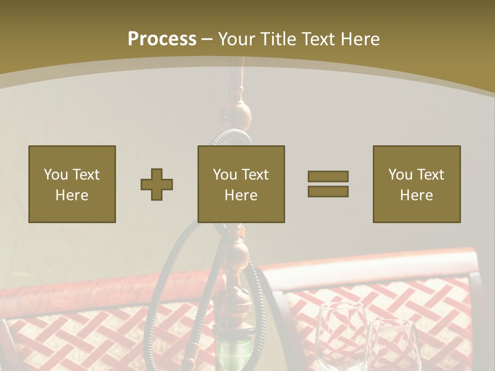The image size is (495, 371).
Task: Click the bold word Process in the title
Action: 162,39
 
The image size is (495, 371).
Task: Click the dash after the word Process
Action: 207,40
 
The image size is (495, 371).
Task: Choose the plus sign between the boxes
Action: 157,184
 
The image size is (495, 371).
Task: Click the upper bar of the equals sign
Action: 328,177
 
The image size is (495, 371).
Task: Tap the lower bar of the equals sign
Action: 328,191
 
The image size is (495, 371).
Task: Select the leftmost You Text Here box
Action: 72,184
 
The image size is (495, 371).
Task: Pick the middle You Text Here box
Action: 241,184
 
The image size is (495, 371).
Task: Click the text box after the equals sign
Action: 416,184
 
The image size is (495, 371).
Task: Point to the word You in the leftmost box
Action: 56,174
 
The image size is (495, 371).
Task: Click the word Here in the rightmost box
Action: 416,195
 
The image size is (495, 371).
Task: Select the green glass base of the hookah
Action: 230,356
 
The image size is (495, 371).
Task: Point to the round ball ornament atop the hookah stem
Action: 237,111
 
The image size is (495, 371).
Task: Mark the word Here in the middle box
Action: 241,195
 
